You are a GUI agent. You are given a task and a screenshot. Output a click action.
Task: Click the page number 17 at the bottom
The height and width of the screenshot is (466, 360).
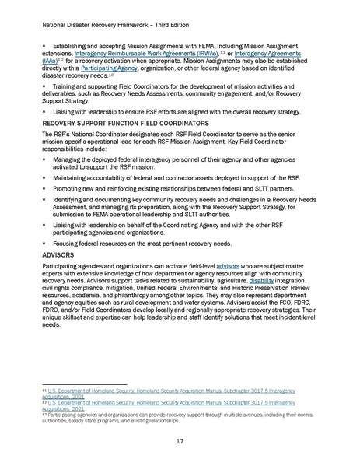click(x=180, y=441)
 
